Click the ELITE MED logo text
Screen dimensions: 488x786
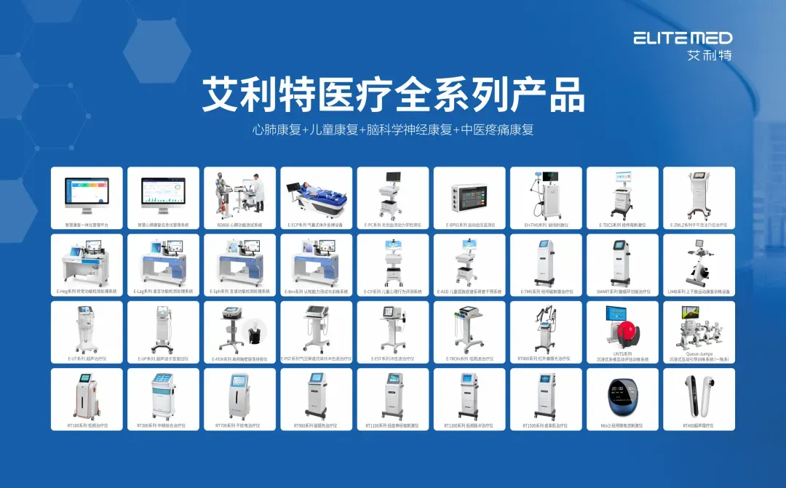pos(682,38)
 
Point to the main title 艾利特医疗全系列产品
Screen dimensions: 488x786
pos(393,94)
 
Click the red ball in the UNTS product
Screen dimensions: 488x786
pos(624,334)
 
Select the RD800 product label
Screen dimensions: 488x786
pos(239,225)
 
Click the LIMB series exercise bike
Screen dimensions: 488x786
pos(697,261)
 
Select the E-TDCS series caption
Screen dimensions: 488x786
pos(622,225)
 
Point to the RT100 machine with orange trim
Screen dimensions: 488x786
pos(86,396)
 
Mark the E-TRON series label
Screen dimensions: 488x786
pos(469,359)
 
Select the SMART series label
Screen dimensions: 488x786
pos(622,292)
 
